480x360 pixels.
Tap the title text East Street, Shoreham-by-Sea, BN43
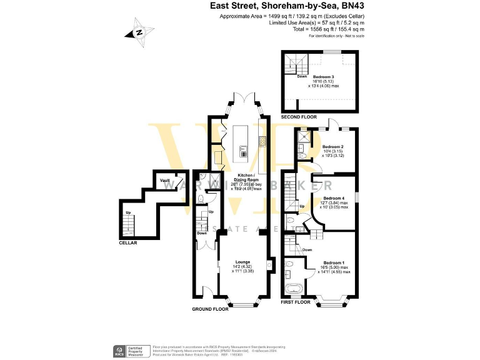tap(286, 6)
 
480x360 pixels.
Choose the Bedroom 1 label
tap(334, 262)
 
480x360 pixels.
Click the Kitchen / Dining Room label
tap(249, 178)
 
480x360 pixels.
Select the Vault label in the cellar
tap(165, 181)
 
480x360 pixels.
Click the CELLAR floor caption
tap(129, 242)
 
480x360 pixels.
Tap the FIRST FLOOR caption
tap(296, 302)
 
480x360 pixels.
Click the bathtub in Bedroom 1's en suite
tap(293, 289)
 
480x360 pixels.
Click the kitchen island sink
tap(244, 149)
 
